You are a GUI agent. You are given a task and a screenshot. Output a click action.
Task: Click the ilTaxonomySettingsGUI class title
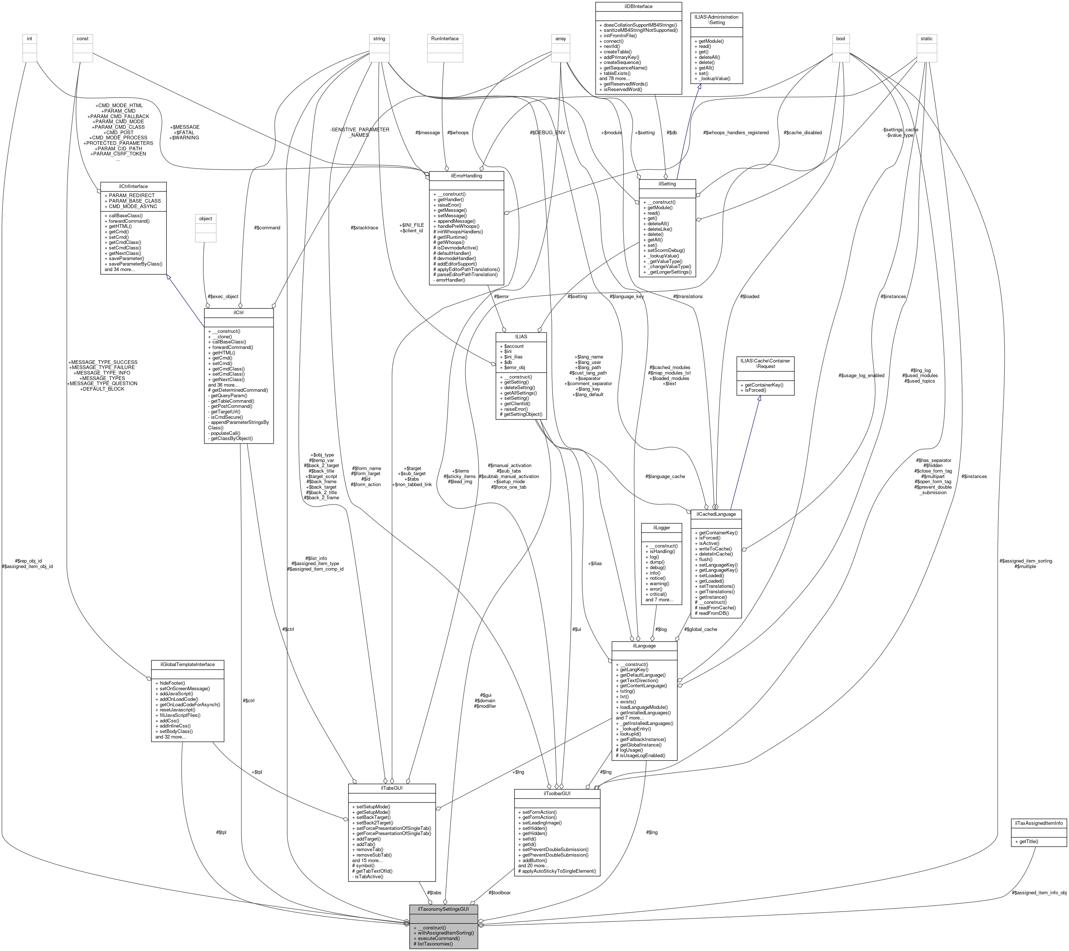tap(444, 909)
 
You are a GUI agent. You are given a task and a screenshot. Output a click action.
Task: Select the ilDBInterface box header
tap(638, 6)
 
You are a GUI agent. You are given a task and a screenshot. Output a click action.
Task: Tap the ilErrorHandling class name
tap(466, 176)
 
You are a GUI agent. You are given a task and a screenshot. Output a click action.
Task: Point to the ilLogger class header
tap(661, 527)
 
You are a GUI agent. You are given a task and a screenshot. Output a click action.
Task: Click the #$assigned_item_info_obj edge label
tap(1039, 892)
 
